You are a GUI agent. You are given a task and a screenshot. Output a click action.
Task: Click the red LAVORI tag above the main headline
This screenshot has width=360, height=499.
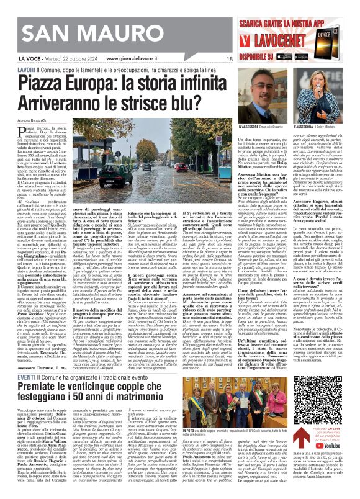click(26, 70)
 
